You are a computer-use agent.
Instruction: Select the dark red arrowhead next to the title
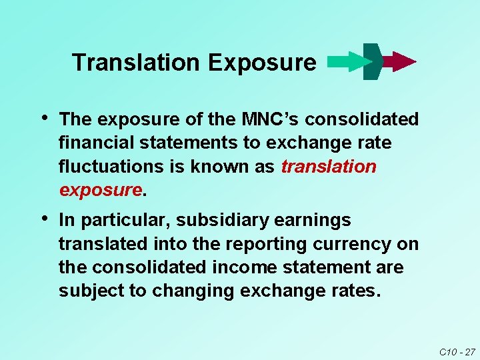pyautogui.click(x=400, y=61)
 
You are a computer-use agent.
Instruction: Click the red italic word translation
pyautogui.click(x=329, y=167)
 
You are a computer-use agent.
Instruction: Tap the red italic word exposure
pyautogui.click(x=101, y=190)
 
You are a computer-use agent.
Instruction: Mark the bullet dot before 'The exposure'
pyautogui.click(x=44, y=118)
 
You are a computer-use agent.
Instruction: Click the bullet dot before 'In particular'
pyautogui.click(x=44, y=218)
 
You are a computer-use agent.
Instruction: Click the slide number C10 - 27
pyautogui.click(x=457, y=351)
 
